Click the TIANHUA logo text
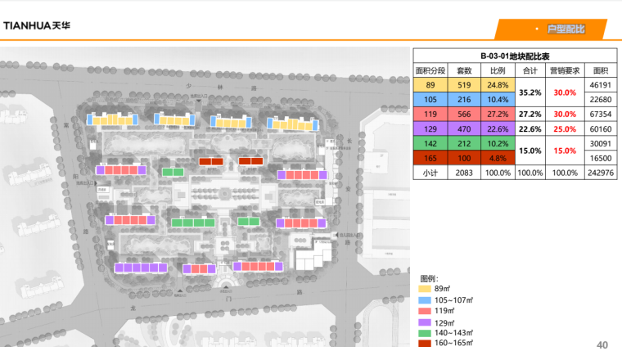37,25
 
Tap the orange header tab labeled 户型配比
566,29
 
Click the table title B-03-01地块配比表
515,56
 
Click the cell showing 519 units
464,85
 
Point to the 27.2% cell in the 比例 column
498,115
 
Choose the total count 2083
464,173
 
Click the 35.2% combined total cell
531,92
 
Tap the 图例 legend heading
429,279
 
